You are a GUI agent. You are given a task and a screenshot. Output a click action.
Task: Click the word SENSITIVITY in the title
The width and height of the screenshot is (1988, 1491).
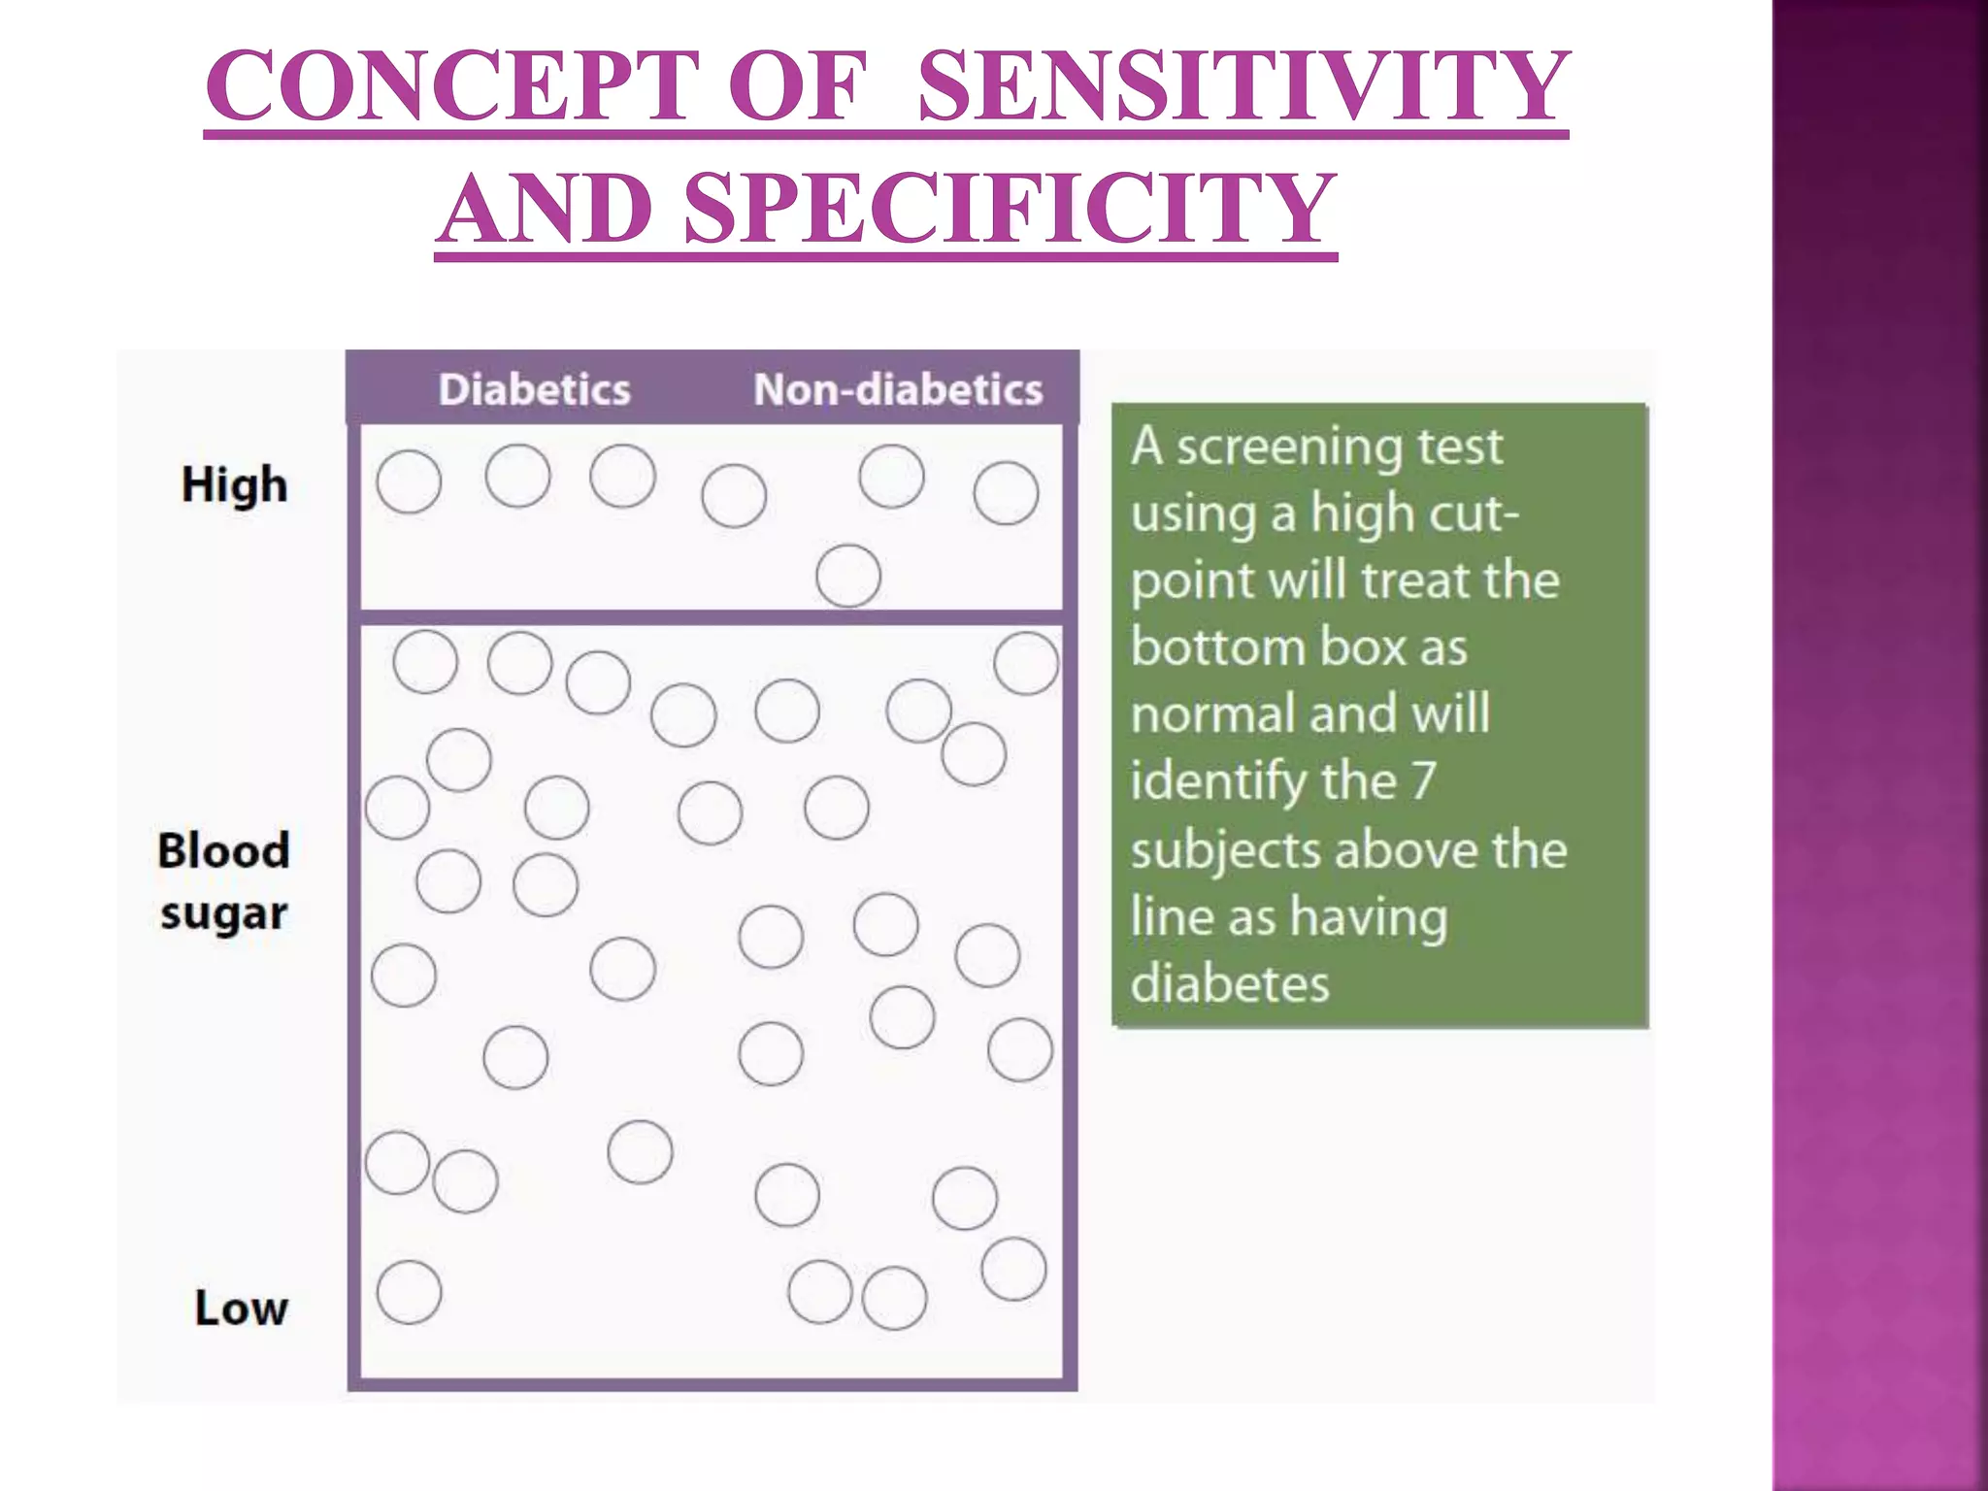1242,87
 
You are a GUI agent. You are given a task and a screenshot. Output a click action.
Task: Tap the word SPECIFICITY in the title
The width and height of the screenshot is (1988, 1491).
1010,209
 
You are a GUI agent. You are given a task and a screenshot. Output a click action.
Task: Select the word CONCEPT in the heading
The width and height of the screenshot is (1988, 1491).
452,87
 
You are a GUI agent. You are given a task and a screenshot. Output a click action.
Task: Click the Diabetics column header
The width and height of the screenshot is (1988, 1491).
534,389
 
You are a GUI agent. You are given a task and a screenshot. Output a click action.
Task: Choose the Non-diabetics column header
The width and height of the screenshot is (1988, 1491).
898,389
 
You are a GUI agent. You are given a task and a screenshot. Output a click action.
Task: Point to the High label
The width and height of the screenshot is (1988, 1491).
235,484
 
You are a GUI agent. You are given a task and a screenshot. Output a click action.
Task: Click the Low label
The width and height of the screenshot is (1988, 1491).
241,1308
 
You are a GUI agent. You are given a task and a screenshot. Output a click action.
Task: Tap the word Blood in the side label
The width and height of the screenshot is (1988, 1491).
223,850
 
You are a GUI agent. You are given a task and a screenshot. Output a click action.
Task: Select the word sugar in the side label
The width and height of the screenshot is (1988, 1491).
224,914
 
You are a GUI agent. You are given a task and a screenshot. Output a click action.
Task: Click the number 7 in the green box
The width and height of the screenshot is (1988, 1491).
1423,780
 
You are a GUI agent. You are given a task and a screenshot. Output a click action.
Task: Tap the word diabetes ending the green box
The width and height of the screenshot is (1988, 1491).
1229,983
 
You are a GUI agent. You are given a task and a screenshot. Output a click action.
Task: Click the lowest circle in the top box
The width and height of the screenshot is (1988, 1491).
848,576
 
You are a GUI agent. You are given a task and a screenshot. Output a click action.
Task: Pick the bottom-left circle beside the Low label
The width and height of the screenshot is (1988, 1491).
409,1292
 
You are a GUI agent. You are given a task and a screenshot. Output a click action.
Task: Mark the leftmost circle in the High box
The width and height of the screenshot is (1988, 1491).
409,481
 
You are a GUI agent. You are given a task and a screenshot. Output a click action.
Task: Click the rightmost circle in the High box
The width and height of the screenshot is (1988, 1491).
1006,493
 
